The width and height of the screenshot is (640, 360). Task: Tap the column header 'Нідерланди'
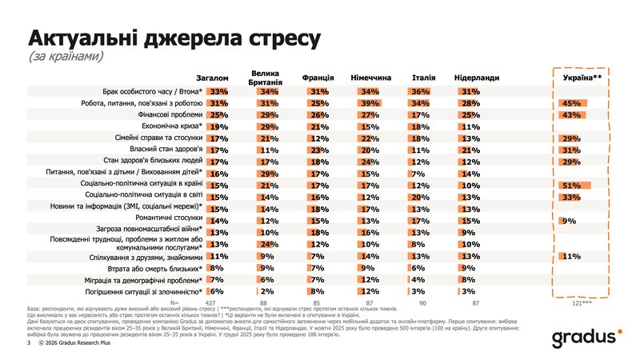pos(477,78)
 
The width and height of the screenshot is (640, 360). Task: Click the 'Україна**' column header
pos(582,78)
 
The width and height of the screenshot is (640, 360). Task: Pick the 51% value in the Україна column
pos(570,185)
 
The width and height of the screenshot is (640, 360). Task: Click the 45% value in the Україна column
pos(570,103)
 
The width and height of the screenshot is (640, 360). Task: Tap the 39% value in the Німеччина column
pos(369,103)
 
